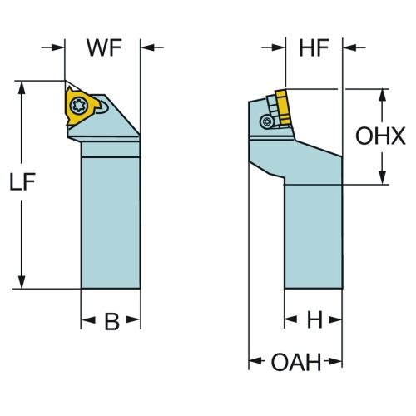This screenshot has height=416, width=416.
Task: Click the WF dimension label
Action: (104, 47)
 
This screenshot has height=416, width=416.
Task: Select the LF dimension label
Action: (22, 181)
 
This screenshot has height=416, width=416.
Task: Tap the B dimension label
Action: (111, 321)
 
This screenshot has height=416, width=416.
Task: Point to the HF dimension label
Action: (314, 47)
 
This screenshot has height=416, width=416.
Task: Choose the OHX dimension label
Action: (380, 136)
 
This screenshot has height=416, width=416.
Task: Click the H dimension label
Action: (314, 319)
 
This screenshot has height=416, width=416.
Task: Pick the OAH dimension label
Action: (296, 362)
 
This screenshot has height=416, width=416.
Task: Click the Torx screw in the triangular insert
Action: (79, 105)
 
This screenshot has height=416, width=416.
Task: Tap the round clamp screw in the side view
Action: (267, 121)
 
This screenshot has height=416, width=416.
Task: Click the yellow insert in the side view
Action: (283, 106)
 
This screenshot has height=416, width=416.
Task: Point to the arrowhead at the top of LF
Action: (22, 87)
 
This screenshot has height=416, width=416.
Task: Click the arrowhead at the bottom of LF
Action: (22, 282)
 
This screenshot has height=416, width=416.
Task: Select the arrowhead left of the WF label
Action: (57, 47)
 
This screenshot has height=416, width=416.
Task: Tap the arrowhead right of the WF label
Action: (147, 47)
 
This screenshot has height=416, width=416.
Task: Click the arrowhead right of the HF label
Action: (349, 47)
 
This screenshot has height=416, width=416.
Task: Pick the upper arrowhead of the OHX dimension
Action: (383, 96)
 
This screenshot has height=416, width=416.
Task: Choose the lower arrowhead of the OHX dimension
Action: (383, 177)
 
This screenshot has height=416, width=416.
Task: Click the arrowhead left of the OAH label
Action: (255, 361)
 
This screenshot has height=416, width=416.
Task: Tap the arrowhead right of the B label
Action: (133, 320)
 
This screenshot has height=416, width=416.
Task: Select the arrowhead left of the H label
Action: (291, 319)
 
